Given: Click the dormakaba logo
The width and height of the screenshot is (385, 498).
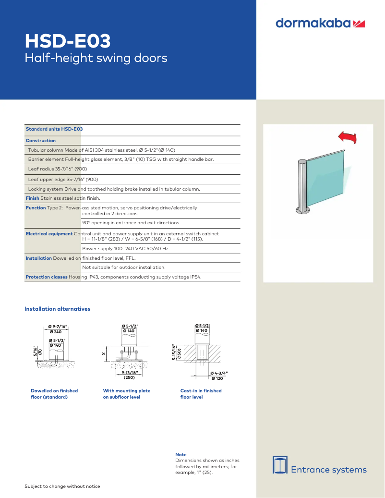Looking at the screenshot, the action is coord(320,23).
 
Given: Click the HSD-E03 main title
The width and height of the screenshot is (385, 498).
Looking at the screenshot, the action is coord(68,41).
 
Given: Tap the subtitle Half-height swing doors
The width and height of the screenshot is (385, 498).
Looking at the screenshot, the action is coord(96,58).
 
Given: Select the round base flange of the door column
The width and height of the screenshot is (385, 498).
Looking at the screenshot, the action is coord(302,210).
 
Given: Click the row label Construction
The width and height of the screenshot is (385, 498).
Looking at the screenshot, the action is coord(41,140).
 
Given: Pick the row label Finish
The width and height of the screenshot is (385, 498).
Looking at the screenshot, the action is coord(32,198).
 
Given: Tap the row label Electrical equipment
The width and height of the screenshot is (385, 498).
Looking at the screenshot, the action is coord(49,234).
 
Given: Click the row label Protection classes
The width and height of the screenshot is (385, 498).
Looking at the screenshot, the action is coord(47,277).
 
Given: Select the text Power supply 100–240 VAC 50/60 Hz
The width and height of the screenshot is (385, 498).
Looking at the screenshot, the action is coord(126,249).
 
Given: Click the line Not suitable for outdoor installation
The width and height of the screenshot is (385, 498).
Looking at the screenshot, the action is coord(124,267).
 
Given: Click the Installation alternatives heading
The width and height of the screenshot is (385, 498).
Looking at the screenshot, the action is coord(58,309).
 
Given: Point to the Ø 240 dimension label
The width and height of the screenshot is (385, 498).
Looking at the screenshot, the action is coord(56,332).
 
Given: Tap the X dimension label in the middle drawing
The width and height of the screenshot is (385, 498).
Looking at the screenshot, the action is coord(104,354).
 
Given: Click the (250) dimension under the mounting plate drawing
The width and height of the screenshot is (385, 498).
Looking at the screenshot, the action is coord(129,377).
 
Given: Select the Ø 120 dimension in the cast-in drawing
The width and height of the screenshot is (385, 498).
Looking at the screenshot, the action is coord(217,378).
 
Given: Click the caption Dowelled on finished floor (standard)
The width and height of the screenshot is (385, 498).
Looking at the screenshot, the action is coord(54,394).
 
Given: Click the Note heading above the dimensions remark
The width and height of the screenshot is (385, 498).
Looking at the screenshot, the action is coord(181,454).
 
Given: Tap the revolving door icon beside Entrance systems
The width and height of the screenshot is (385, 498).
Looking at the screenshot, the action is coord(280,465).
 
